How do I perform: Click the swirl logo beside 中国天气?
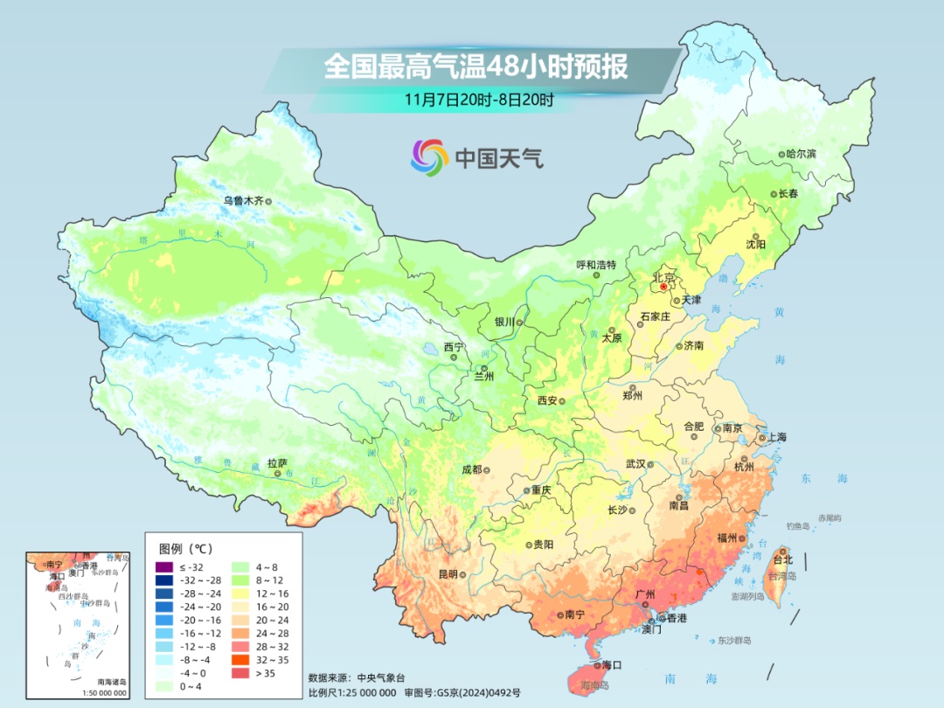click(x=429, y=157)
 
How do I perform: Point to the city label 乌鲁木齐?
click(x=242, y=201)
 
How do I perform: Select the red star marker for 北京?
click(x=663, y=286)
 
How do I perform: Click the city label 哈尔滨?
click(x=801, y=154)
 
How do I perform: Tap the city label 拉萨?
click(x=277, y=463)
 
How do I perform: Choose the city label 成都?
click(x=471, y=469)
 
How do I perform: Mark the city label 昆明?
click(x=448, y=574)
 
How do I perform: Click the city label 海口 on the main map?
click(x=612, y=665)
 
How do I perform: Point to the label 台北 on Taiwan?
click(x=783, y=559)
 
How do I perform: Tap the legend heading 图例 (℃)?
click(x=185, y=549)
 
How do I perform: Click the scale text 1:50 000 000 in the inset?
click(x=100, y=693)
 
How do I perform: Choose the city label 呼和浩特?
click(x=596, y=265)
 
